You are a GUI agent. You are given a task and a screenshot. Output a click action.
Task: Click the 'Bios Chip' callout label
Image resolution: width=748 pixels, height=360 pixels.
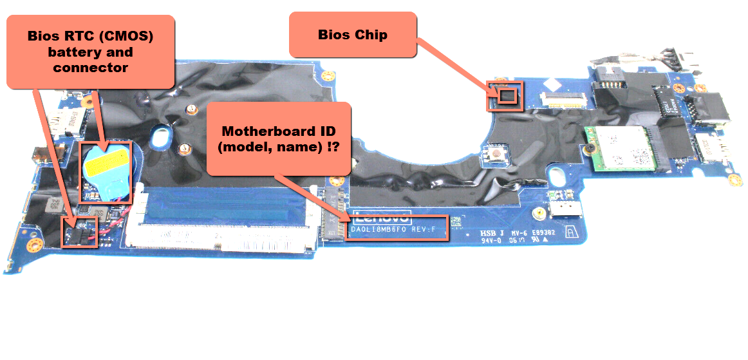(x=353, y=35)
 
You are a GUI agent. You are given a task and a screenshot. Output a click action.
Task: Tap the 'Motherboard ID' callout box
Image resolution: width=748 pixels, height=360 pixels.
(x=277, y=138)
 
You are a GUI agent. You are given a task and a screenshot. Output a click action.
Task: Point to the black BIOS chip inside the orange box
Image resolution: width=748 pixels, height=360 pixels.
(x=508, y=95)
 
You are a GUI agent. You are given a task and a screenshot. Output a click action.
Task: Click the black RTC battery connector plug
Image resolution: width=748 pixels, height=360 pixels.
(x=77, y=234)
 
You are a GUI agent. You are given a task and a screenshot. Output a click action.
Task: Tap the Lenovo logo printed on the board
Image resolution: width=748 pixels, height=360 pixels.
(x=379, y=217)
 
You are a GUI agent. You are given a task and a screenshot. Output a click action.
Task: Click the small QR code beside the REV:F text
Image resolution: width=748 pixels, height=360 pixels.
(x=455, y=220)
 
